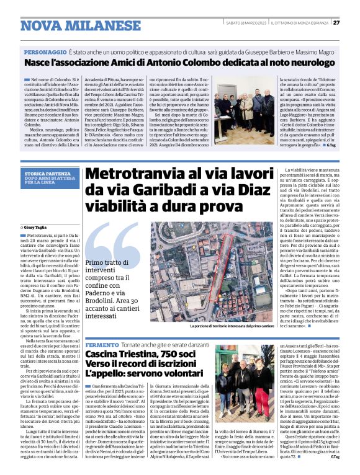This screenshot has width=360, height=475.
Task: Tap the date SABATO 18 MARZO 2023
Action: point(246,23)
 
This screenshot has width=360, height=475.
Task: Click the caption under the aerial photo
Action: point(223,325)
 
